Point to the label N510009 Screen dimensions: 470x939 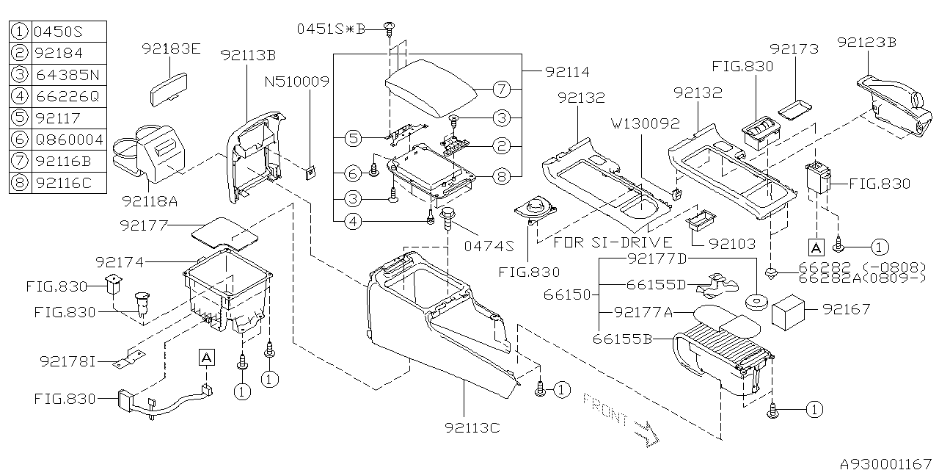(x=297, y=82)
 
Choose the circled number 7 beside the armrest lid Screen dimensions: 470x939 (x=500, y=90)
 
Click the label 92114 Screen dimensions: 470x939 (x=567, y=72)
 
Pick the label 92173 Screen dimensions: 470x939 (x=794, y=49)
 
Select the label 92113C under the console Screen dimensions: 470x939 (x=472, y=427)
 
